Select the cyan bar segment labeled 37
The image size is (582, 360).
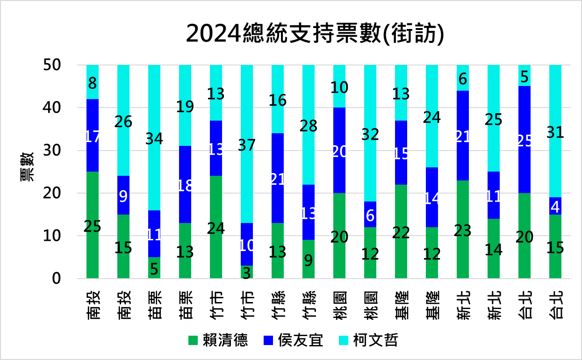(247, 144)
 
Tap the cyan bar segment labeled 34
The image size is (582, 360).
(154, 138)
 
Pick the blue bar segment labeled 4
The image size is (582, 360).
(555, 206)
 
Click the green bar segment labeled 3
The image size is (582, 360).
(247, 272)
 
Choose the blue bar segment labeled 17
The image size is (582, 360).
(93, 136)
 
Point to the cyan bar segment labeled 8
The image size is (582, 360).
(93, 82)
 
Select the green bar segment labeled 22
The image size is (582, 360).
(401, 231)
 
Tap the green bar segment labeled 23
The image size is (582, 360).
(463, 230)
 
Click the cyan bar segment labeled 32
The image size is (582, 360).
(370, 134)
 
